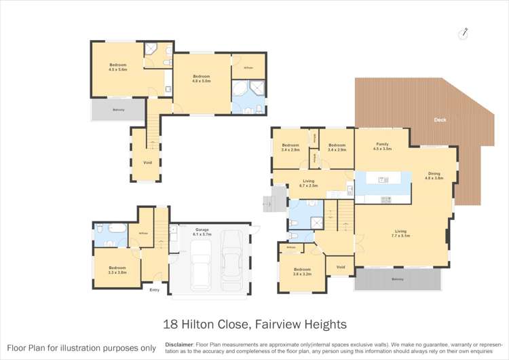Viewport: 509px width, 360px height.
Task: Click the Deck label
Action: [x=440, y=120]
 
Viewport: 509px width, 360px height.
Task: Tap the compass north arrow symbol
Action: [x=464, y=32]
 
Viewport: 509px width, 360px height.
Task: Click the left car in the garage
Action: [x=201, y=264]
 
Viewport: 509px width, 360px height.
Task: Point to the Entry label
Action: [x=155, y=290]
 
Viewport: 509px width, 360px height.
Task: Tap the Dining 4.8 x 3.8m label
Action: [x=434, y=175]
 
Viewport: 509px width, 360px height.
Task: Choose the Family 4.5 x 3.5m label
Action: [x=383, y=146]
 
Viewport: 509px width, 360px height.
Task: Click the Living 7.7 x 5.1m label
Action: [x=400, y=234]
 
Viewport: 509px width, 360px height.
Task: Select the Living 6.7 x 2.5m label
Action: [x=309, y=183]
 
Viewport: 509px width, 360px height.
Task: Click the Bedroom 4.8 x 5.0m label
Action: [x=202, y=78]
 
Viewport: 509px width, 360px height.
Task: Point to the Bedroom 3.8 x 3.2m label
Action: [x=301, y=272]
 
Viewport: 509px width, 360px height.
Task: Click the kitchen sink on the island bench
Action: [x=383, y=180]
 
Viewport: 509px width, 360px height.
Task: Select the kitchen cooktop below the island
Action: [x=386, y=199]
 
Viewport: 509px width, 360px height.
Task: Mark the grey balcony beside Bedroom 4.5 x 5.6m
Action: [x=118, y=110]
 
